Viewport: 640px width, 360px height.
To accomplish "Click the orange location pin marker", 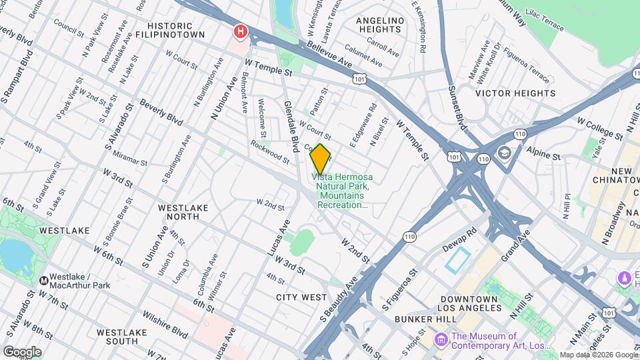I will point(320,159).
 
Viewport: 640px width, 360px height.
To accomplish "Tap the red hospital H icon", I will point(240,31).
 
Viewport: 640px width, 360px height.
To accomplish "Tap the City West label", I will point(301,297).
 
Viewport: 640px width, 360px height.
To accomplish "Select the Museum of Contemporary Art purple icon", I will point(440,341).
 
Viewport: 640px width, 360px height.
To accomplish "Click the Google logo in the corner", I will point(22,351).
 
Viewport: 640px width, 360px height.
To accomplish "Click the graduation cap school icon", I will point(503,153).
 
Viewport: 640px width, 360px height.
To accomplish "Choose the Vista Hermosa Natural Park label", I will point(344,191).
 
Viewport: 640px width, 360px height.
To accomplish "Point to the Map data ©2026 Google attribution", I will point(598,355).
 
